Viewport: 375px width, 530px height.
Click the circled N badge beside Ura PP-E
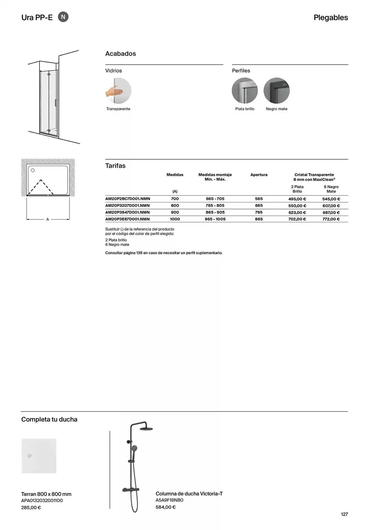point(63,17)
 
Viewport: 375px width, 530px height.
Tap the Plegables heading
point(331,17)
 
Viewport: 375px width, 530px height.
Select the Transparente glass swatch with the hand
point(118,91)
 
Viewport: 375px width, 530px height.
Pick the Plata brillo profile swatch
point(245,91)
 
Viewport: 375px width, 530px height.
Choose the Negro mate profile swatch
point(276,91)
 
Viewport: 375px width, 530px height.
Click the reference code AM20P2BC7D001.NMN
point(128,199)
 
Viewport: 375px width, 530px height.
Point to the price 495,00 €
point(297,199)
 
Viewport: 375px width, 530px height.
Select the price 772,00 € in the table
point(331,219)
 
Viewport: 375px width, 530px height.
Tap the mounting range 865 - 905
point(215,212)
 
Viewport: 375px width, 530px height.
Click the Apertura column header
point(259,175)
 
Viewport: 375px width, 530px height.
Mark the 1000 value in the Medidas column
point(175,219)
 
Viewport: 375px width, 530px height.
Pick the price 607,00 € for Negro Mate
point(331,206)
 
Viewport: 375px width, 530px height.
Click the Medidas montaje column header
point(215,177)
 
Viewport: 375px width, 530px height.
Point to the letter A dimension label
point(48,219)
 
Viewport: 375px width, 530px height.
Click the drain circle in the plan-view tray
point(33,170)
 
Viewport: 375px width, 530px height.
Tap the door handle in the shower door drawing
point(55,103)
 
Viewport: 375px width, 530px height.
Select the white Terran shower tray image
point(39,456)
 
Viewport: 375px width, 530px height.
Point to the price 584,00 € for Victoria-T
point(165,507)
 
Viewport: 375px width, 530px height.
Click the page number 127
point(344,514)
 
